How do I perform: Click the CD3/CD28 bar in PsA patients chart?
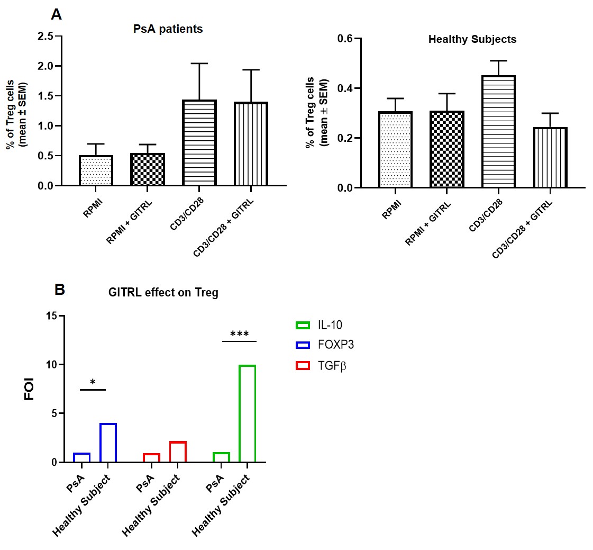[199, 142]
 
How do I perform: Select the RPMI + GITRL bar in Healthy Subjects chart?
[447, 149]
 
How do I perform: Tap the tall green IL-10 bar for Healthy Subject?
[247, 413]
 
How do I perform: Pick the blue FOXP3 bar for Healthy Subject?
[108, 443]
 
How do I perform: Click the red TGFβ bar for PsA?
[151, 458]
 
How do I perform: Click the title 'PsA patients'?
[168, 29]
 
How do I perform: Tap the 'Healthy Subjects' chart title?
[472, 39]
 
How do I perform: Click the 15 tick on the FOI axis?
[51, 316]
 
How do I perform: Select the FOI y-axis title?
[30, 389]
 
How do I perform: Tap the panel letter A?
[57, 14]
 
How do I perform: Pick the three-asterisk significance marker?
[239, 335]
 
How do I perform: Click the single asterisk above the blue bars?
[93, 383]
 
